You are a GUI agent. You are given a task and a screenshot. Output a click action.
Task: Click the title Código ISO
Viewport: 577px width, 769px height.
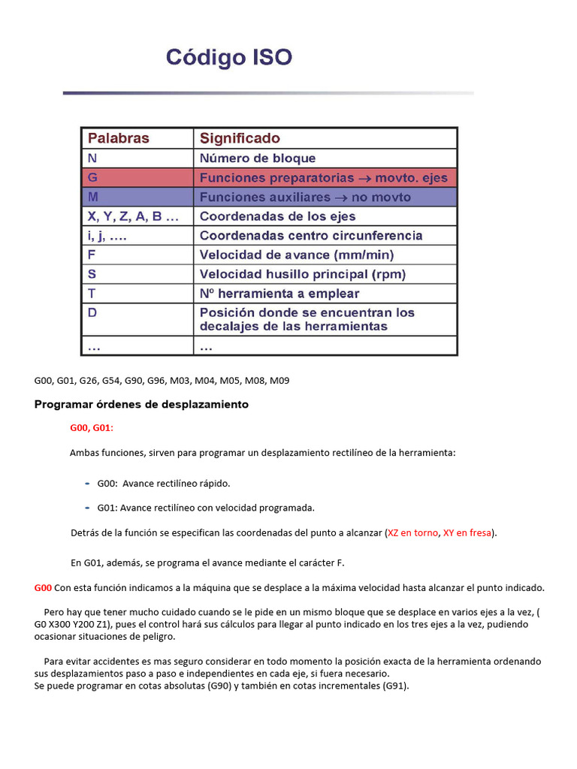228,57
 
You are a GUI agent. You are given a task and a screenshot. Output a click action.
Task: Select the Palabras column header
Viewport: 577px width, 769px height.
119,138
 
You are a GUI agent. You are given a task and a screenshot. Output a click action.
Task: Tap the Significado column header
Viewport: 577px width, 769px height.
240,138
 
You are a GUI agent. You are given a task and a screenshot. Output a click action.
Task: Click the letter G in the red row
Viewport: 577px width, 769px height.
93,178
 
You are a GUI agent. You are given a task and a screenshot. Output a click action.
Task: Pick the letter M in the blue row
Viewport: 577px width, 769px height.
93,198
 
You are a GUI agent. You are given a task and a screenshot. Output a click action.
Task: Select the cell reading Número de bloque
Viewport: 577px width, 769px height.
258,158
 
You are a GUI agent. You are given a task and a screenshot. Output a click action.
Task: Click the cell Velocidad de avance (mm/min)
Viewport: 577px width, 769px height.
296,255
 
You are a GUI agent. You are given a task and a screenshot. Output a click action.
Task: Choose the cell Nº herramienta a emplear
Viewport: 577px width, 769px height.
279,294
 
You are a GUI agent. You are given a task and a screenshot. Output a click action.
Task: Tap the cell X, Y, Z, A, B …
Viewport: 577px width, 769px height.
134,216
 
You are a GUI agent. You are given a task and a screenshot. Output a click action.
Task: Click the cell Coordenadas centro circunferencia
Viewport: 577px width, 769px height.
311,236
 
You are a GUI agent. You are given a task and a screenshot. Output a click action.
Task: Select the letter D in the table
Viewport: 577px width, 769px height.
92,312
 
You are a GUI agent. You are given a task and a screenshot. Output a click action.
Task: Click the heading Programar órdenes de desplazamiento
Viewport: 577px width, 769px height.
141,405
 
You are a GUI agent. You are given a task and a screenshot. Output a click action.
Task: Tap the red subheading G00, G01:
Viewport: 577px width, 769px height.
92,428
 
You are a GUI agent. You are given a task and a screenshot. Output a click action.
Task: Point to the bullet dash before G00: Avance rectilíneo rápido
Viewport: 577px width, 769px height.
87,482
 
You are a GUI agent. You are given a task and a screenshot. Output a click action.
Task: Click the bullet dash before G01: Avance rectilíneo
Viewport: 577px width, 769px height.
87,507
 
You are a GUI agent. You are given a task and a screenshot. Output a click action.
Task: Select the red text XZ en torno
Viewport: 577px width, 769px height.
412,533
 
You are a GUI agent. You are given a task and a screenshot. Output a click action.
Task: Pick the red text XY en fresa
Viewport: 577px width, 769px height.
467,533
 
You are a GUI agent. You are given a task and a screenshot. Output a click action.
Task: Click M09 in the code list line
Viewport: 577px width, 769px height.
279,381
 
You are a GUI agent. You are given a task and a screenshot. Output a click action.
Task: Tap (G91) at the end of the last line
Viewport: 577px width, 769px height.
395,686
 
